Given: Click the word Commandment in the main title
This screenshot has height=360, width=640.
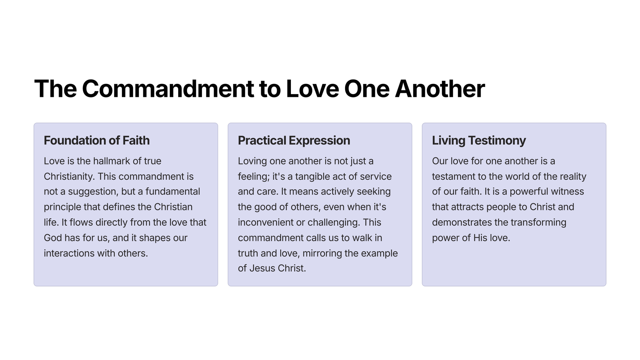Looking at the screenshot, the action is (168, 89).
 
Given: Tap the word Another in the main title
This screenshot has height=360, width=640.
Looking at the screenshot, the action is (440, 89).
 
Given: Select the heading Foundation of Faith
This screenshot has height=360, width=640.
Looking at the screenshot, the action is (97, 141).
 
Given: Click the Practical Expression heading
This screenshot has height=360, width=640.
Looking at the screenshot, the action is (294, 141).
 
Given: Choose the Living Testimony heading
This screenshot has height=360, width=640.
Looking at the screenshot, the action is (479, 141).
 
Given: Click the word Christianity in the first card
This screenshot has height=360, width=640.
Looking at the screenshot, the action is (69, 177).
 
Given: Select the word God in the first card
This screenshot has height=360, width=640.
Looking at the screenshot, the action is (53, 238).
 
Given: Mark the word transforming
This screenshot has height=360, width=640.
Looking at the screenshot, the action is (538, 222).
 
